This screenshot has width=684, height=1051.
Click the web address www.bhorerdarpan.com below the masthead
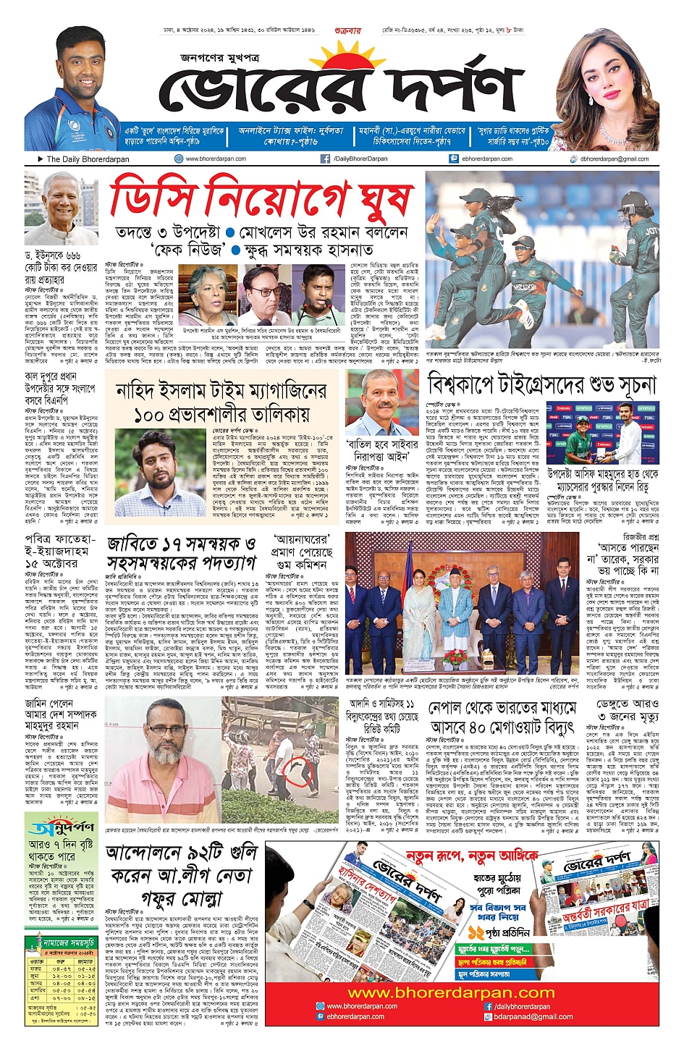(x=215, y=159)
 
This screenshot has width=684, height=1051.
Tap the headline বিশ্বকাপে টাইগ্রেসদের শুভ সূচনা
(x=541, y=384)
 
